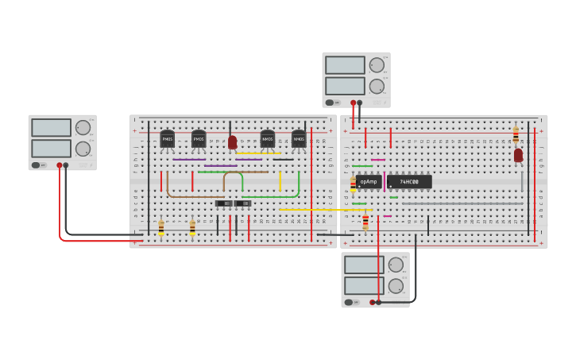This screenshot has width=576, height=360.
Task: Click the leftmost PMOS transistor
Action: click(167, 139)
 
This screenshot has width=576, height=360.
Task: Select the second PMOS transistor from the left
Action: click(199, 139)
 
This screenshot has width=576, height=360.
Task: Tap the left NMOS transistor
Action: click(268, 139)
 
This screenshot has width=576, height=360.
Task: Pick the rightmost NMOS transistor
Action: click(299, 139)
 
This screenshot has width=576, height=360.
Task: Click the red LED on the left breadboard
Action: click(232, 142)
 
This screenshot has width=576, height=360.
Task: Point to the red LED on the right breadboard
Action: click(518, 155)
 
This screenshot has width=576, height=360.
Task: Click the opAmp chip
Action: click(369, 182)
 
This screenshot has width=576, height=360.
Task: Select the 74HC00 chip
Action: click(409, 182)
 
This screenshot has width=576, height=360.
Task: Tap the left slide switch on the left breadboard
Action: click(224, 203)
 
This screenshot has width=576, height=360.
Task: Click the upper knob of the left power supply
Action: click(83, 127)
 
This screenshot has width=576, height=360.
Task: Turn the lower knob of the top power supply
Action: click(377, 86)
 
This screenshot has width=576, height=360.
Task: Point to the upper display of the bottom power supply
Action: click(364, 265)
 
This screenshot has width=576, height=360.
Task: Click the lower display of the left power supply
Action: click(51, 149)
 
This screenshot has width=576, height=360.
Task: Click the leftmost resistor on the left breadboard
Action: click(161, 227)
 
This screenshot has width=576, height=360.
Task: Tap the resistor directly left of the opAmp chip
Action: click(353, 184)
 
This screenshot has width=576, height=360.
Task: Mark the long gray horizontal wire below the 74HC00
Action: click(462, 203)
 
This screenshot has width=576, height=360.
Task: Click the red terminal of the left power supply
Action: click(59, 165)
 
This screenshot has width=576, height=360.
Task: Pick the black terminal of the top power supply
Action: click(360, 103)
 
